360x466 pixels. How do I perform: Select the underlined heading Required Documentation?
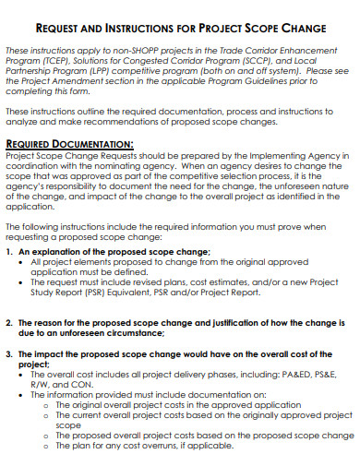coord(69,144)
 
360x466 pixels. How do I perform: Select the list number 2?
coord(9,322)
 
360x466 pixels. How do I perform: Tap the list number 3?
coord(9,353)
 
